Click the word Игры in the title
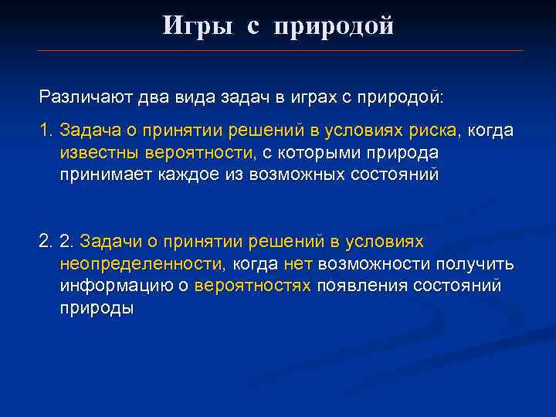(197, 26)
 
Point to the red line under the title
(280, 51)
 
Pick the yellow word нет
(298, 264)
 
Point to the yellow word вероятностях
(253, 286)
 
